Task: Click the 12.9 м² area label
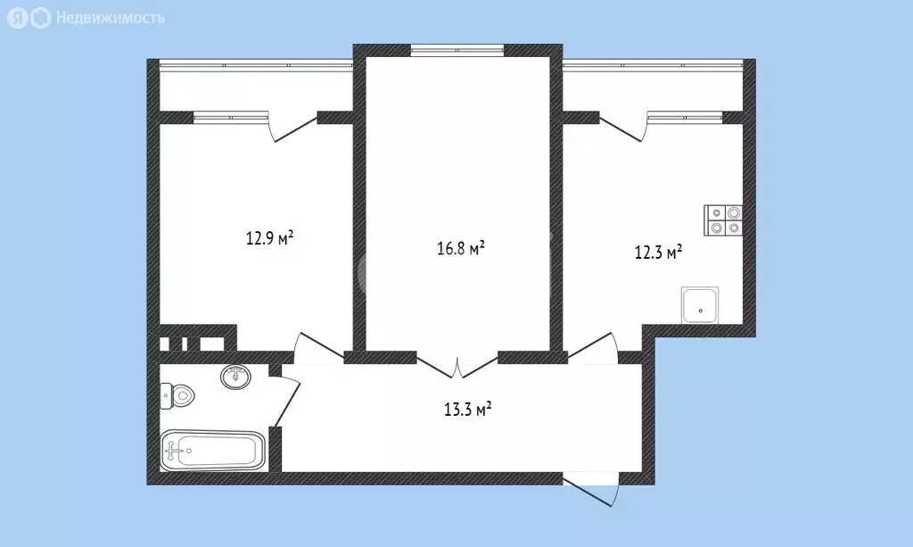(269, 237)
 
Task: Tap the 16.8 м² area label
(461, 248)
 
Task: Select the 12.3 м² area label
(658, 253)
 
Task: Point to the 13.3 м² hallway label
(467, 409)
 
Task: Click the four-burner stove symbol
(724, 220)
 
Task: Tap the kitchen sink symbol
(700, 304)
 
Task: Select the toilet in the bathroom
(177, 397)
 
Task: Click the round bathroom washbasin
(235, 377)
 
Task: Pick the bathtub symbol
(213, 451)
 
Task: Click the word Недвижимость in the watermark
(110, 18)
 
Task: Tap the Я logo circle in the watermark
(18, 19)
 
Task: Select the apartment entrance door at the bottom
(591, 493)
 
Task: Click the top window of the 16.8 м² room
(457, 51)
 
